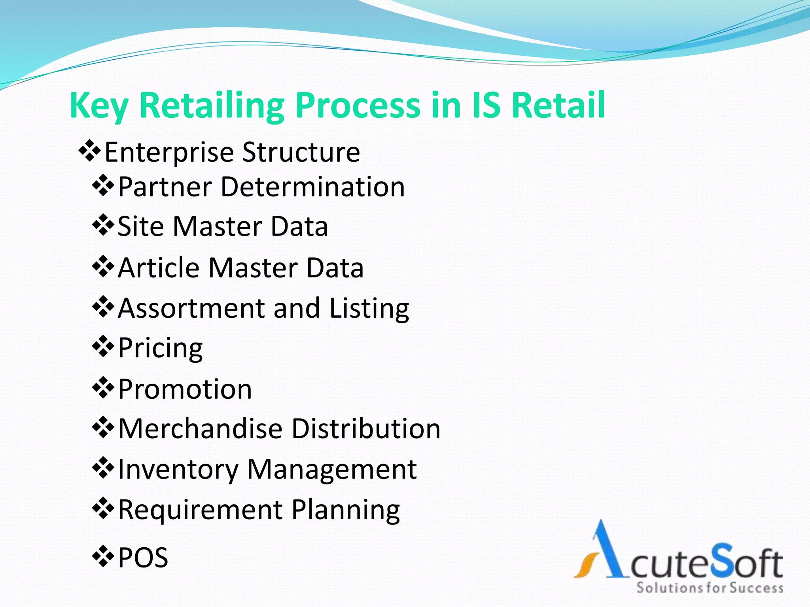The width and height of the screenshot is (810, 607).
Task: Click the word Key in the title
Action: pyautogui.click(x=98, y=106)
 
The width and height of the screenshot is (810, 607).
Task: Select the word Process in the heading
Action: pyautogui.click(x=358, y=106)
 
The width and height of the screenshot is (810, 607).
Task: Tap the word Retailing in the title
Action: pyautogui.click(x=212, y=106)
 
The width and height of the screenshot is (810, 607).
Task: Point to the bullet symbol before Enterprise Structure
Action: pyautogui.click(x=90, y=151)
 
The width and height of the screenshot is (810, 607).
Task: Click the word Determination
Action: pyautogui.click(x=312, y=187)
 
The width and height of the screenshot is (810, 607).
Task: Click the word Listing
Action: pyautogui.click(x=369, y=309)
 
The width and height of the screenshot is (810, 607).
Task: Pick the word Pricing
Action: pyautogui.click(x=160, y=349)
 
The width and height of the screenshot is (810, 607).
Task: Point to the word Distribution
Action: pyautogui.click(x=366, y=428)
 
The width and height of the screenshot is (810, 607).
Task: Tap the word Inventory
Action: pyautogui.click(x=178, y=469)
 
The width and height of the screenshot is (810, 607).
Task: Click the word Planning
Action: pyautogui.click(x=346, y=510)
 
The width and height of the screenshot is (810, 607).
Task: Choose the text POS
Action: pyautogui.click(x=143, y=558)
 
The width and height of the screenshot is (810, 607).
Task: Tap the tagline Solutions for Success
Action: pyautogui.click(x=710, y=588)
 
